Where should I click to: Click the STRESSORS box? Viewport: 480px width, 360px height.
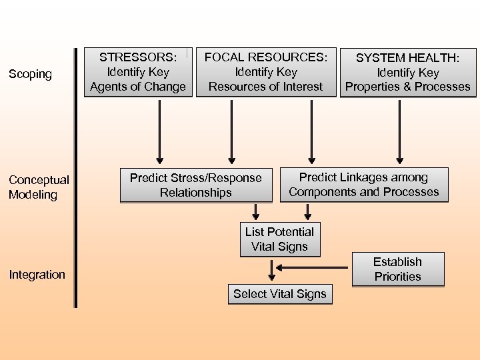click(138, 72)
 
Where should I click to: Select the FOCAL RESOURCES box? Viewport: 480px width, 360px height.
click(265, 72)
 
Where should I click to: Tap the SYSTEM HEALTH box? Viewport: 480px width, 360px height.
click(408, 73)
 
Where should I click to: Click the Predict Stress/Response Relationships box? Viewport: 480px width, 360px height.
click(196, 185)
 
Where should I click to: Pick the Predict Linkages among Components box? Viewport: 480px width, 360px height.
click(364, 185)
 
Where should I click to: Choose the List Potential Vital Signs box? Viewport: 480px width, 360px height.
click(279, 239)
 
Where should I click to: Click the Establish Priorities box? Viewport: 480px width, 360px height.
click(397, 269)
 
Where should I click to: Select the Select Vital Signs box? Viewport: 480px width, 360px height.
click(280, 294)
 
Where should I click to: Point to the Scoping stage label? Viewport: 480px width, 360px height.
click(30, 74)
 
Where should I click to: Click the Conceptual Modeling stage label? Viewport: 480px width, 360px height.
click(39, 187)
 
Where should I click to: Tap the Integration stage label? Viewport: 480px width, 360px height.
click(37, 275)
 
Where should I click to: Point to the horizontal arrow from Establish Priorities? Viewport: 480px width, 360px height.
click(313, 268)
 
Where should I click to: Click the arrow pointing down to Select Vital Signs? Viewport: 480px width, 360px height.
click(271, 270)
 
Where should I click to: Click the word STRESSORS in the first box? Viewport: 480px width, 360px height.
click(138, 58)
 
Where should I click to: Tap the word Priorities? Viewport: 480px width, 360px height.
click(397, 277)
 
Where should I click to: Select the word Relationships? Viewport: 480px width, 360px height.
click(196, 193)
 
